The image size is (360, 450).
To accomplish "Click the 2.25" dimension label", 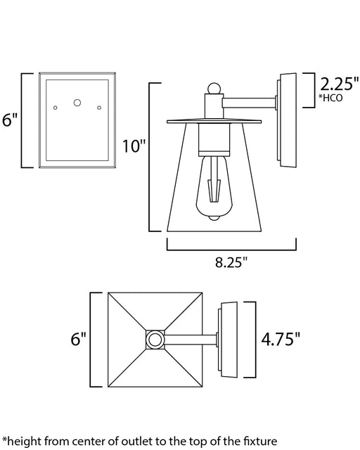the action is click(x=339, y=84).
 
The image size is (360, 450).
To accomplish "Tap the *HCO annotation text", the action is click(x=330, y=98).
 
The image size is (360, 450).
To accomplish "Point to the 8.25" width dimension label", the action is click(x=231, y=262).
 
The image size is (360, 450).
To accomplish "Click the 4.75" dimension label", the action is click(x=281, y=339).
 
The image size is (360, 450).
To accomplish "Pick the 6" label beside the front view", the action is click(x=10, y=120).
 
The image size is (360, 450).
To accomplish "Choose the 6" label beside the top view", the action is click(x=78, y=339).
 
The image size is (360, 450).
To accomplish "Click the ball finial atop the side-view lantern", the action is click(x=214, y=89).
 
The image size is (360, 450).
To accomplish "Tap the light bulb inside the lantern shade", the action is click(x=214, y=188).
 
